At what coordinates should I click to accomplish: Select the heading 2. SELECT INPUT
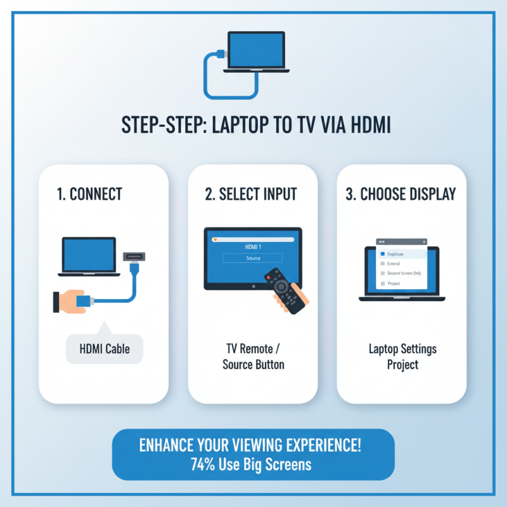tap(252, 194)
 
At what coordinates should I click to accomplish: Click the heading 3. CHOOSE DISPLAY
tap(401, 194)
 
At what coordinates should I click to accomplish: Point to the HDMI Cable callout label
tap(105, 349)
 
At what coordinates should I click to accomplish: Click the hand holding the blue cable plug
tap(72, 301)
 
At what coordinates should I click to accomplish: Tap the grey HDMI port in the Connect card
tap(134, 257)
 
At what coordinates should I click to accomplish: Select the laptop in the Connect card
tap(89, 257)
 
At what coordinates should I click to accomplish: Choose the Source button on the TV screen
tap(253, 259)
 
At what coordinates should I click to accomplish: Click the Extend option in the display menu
tap(394, 263)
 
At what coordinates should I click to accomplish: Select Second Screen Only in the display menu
tap(404, 273)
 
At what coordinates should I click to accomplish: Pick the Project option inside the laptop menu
tap(394, 284)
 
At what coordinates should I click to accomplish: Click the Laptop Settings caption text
tap(402, 349)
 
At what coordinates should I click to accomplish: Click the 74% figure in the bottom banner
tap(202, 464)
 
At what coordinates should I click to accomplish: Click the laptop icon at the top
tap(257, 51)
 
